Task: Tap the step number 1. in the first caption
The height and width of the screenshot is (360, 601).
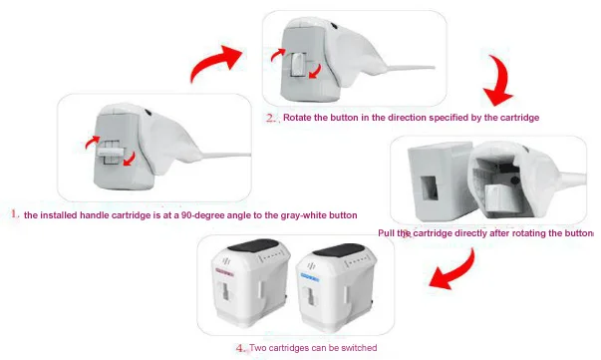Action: [15, 214]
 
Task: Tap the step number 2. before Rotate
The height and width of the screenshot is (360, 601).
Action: [271, 118]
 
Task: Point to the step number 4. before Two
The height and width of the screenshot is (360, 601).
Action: [241, 348]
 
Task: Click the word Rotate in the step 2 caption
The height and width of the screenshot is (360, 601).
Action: [297, 118]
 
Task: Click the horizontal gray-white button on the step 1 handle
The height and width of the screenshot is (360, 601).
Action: [111, 152]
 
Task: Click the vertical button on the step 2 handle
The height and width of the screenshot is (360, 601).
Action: [298, 64]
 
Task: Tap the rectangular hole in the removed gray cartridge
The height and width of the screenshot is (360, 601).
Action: [429, 188]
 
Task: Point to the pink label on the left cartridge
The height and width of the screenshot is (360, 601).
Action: [225, 272]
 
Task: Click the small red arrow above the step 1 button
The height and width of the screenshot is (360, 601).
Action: [93, 143]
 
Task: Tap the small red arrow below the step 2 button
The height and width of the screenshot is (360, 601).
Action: [315, 72]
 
